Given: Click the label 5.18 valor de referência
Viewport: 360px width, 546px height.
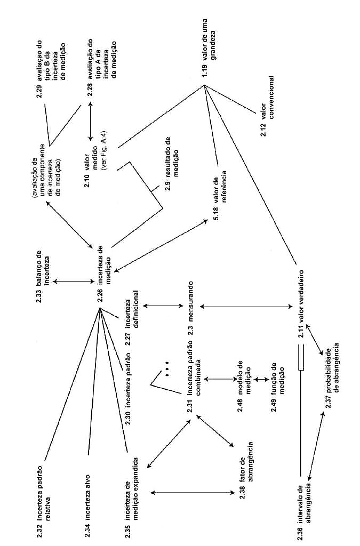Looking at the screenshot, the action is point(220,195).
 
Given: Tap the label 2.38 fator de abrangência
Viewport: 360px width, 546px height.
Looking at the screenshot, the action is point(246,470).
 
